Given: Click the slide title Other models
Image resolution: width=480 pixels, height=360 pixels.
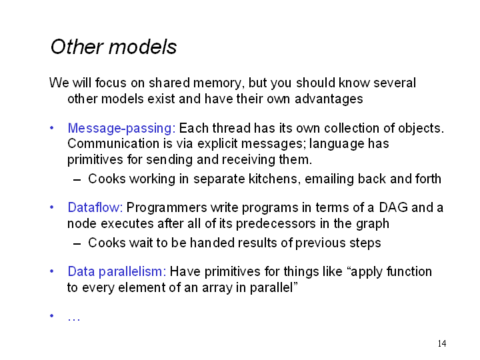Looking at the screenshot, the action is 113,47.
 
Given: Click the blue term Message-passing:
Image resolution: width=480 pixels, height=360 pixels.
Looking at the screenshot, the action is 121,129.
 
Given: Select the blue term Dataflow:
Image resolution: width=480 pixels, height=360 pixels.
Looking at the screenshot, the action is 95,207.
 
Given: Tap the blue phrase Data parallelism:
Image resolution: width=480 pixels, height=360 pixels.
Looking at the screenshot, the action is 117,272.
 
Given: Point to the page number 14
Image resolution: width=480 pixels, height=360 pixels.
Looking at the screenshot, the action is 442,343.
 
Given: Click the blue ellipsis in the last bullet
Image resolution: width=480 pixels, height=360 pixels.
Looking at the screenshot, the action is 74,319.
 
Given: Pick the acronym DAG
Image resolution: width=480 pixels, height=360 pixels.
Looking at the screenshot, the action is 393,207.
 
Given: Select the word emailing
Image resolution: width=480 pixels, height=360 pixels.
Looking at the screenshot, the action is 329,179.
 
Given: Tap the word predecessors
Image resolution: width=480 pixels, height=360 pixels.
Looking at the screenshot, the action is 276,223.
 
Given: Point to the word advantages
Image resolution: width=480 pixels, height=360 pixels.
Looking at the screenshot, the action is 329,99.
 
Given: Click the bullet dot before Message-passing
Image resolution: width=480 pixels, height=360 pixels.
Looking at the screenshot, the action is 52,128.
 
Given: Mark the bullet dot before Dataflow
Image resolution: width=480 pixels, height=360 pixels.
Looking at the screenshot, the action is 52,207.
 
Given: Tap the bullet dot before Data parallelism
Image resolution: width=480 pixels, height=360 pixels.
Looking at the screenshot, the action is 52,271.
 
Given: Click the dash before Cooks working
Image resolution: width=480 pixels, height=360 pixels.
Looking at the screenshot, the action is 77,180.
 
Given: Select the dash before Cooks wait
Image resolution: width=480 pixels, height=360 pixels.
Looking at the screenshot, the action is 77,244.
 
